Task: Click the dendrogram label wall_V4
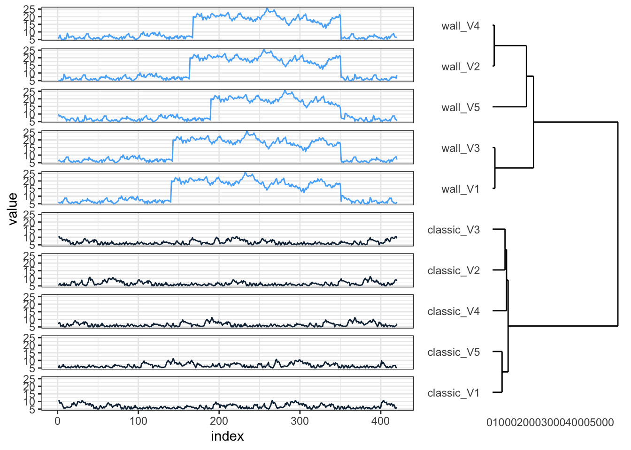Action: coord(460,26)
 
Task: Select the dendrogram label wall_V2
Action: coord(460,67)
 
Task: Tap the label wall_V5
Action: coord(460,108)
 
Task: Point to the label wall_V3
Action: coord(460,149)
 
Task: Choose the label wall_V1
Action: coord(460,189)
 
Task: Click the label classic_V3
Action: coord(453,230)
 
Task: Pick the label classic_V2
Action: coord(453,271)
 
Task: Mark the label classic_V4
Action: coord(453,312)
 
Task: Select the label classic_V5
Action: coord(453,352)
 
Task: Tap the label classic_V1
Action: coord(453,393)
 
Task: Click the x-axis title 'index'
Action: coord(227,436)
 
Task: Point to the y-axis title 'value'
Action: coord(13,209)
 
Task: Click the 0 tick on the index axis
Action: coord(58,421)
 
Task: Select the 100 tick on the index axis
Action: coord(139,421)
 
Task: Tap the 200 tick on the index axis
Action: coord(219,421)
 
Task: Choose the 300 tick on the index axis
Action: coord(300,421)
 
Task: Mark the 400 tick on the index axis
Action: coord(380,421)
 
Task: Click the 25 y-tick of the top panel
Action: coord(30,9)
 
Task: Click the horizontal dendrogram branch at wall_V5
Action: coord(509,107)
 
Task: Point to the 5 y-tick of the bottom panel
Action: coord(32,410)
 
